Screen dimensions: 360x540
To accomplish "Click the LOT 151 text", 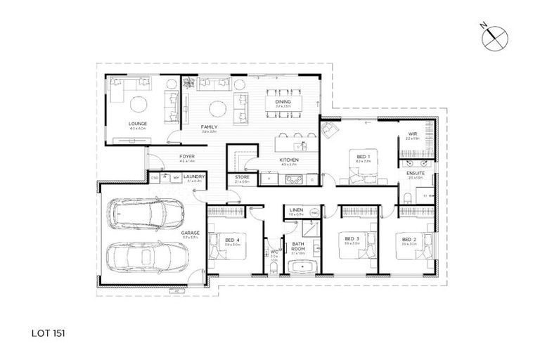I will click(x=51, y=328).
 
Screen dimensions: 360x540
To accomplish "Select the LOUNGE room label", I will click(x=137, y=124).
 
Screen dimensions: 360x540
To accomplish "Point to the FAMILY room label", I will click(x=208, y=127).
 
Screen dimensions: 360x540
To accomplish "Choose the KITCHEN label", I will click(x=290, y=160).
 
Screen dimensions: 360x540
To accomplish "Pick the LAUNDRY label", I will click(x=193, y=176).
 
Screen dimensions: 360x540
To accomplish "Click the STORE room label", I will click(x=243, y=176).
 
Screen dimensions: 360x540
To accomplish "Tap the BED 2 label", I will click(x=409, y=239).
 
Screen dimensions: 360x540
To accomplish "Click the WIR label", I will click(x=413, y=134).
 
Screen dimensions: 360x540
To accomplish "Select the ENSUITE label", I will click(x=415, y=173).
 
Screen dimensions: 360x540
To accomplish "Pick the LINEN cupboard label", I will click(x=296, y=210).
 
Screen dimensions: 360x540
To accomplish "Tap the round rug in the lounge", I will click(x=138, y=105).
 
